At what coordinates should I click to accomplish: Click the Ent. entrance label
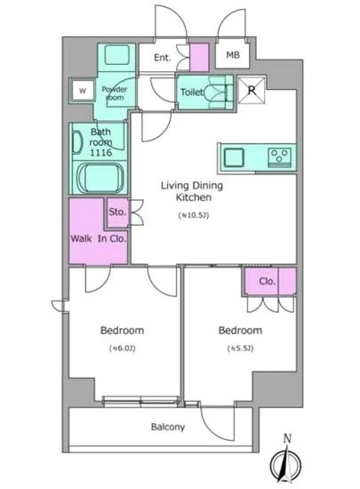(163, 58)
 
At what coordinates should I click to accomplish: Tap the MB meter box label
(233, 55)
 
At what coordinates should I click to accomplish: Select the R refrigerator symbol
(252, 90)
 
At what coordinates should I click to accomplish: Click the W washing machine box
(83, 91)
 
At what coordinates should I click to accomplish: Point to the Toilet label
(192, 92)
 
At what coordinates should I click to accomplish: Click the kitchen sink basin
(234, 157)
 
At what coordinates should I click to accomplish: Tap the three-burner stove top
(279, 156)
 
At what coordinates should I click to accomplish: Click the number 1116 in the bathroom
(100, 153)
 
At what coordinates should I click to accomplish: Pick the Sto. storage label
(117, 212)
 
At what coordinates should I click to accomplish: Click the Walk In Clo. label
(99, 239)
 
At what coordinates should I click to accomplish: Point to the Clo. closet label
(268, 281)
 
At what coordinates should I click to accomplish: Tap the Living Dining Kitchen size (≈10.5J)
(194, 215)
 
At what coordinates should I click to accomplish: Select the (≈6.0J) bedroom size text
(122, 348)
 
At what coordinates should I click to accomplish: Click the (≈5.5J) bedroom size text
(240, 348)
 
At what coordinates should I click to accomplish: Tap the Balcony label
(168, 427)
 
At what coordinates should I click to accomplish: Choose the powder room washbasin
(116, 55)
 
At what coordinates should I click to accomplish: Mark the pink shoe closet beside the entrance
(199, 58)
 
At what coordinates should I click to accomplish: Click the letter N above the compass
(287, 439)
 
